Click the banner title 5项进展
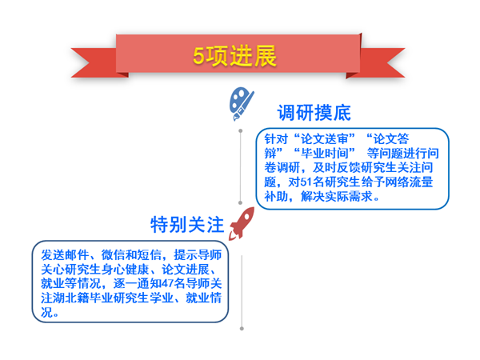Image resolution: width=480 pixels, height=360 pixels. [x=234, y=56]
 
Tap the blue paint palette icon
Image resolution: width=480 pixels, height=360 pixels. [x=242, y=103]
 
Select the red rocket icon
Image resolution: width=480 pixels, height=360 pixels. [x=242, y=223]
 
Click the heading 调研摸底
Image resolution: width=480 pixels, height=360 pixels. [x=314, y=113]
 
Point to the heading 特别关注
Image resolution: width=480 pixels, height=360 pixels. [x=187, y=224]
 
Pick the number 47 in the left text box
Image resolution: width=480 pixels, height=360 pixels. [x=167, y=283]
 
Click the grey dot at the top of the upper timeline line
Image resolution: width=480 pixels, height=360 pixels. [x=241, y=131]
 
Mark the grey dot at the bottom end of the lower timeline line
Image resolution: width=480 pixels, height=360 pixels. [x=242, y=329]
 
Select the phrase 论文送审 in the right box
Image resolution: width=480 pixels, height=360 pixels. [x=325, y=139]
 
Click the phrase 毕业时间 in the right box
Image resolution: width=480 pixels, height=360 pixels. [x=325, y=154]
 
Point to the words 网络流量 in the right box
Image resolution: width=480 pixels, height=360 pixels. [x=409, y=182]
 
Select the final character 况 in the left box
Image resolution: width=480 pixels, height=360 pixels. [x=47, y=312]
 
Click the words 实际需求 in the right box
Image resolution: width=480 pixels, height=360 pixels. [x=348, y=197]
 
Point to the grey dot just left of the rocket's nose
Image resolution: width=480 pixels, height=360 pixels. [x=240, y=202]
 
